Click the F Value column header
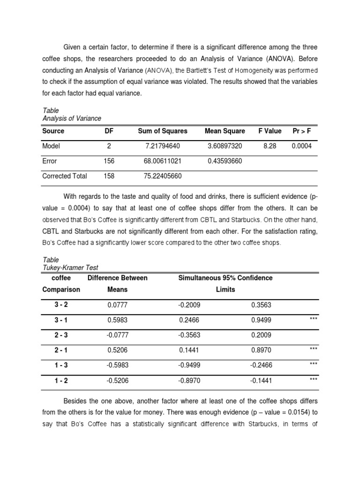tap(270, 131)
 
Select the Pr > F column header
tap(301, 131)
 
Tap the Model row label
tap(52, 146)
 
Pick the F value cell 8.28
tap(270, 146)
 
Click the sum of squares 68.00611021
tap(163, 161)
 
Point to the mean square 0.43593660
tap(225, 161)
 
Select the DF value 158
tap(109, 176)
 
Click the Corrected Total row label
tap(65, 176)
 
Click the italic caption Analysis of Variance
tap(72, 118)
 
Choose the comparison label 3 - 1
tap(61, 320)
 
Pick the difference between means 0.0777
tap(117, 305)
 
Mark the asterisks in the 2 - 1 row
tap(314, 349)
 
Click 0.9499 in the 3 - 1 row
tap(261, 320)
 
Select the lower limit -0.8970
tap(189, 381)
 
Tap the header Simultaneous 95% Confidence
tap(225, 278)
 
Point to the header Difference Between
tap(117, 278)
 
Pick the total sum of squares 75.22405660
tap(163, 176)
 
